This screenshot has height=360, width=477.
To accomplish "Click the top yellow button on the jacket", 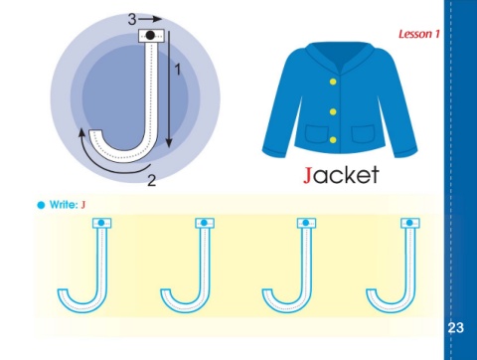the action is [333, 82].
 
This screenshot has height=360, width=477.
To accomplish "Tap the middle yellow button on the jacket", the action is [333, 111].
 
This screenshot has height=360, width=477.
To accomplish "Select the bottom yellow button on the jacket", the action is [333, 140].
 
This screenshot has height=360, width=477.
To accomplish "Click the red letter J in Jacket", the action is [308, 175].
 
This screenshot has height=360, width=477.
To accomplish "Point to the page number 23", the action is [455, 327].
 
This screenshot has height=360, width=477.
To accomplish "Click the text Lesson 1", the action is [419, 34].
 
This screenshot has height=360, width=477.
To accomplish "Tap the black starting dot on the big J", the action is [150, 35].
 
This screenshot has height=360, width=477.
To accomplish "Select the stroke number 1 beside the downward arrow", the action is [178, 70].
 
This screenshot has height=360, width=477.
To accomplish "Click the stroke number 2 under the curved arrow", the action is [151, 180].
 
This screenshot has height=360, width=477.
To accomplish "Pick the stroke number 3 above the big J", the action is [132, 19].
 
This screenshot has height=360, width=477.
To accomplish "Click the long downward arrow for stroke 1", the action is [169, 90].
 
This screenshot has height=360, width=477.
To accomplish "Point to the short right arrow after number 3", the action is [150, 19].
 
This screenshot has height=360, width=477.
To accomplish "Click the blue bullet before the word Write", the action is [41, 205].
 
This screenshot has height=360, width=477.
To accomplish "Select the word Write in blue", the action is [64, 205].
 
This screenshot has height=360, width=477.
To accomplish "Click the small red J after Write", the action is [83, 205].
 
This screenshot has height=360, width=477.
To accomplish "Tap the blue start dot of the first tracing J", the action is [101, 223].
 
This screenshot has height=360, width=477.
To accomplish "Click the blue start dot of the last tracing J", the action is [409, 223].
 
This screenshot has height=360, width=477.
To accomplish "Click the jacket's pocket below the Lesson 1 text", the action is [364, 134].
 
